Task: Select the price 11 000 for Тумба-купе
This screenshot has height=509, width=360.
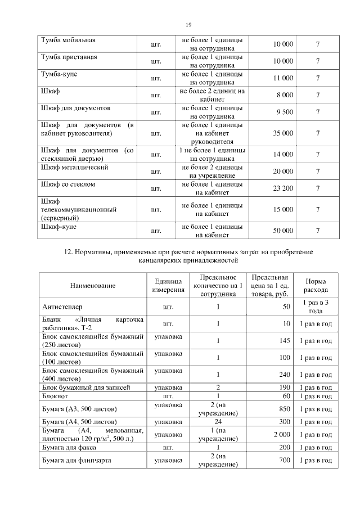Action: point(283,78)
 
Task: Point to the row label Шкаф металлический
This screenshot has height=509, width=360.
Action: point(75,168)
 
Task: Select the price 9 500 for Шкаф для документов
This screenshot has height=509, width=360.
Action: point(285,112)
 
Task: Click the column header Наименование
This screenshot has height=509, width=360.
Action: point(93,286)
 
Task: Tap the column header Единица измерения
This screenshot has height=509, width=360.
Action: point(168,285)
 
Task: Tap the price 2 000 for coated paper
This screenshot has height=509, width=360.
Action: point(282,435)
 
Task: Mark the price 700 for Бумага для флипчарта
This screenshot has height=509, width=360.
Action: point(285,461)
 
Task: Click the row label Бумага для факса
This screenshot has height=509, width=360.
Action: point(69,448)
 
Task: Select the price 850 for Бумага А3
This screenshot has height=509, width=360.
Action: point(285,409)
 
